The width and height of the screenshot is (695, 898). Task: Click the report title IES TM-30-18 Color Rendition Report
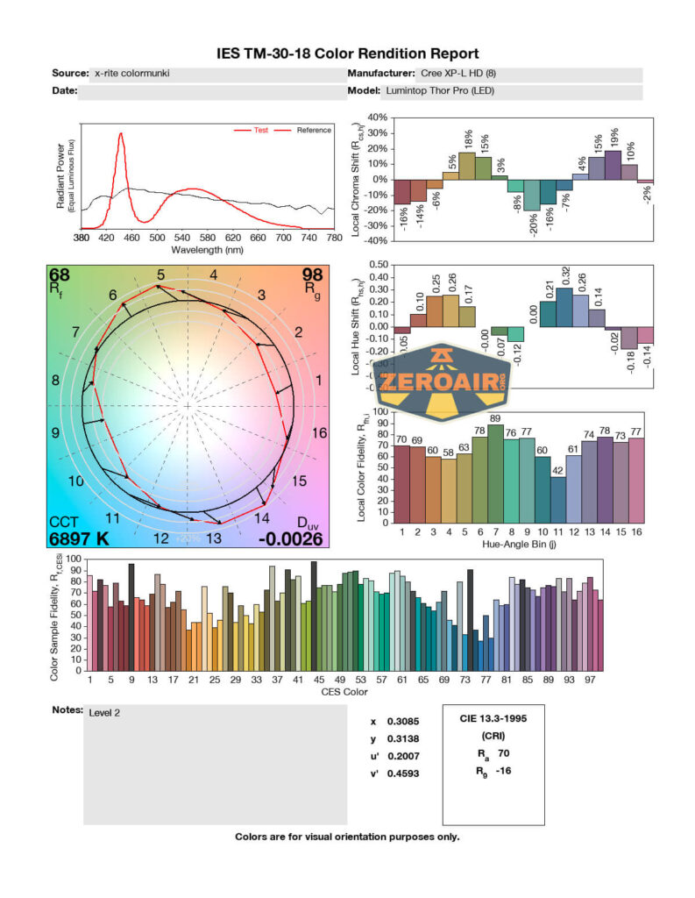347,53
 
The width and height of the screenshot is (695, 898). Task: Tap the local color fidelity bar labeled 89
496,474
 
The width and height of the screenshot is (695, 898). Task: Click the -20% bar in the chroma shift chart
531,196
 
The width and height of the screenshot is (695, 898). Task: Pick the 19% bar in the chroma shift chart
613,165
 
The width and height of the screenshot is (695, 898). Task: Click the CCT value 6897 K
79,538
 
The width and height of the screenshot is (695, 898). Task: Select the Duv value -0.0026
290,538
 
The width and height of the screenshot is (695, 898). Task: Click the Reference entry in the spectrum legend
314,131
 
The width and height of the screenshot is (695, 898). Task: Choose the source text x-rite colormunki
131,74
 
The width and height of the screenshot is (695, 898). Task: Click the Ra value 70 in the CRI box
502,752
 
